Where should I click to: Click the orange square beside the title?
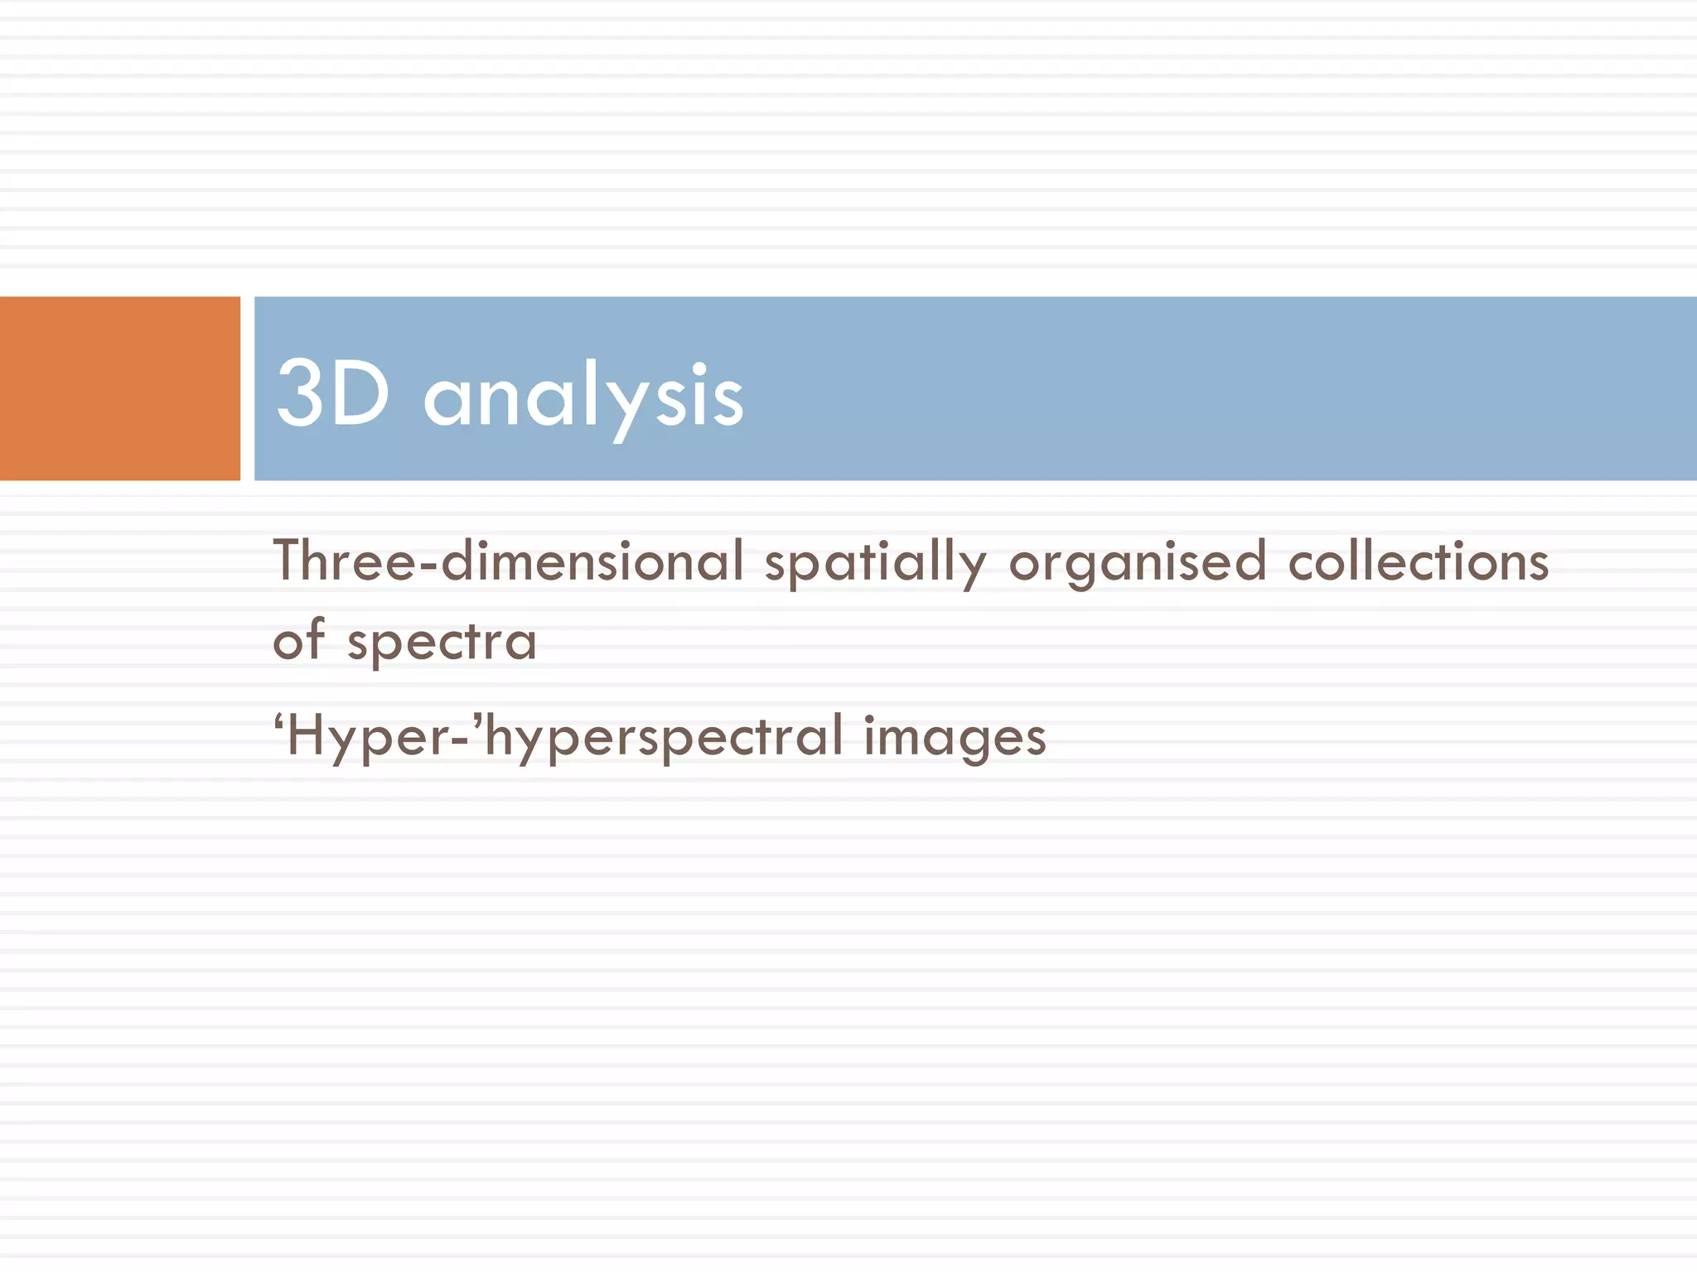pyautogui.click(x=119, y=388)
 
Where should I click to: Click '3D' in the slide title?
pyautogui.click(x=332, y=394)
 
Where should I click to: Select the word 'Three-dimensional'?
pyautogui.click(x=509, y=561)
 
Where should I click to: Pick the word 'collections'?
pyautogui.click(x=1419, y=561)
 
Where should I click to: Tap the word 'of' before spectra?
pyautogui.click(x=298, y=639)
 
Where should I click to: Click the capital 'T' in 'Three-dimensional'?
pyautogui.click(x=292, y=560)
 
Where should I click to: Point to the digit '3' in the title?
pyautogui.click(x=299, y=394)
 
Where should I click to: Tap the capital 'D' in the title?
pyautogui.click(x=360, y=394)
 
